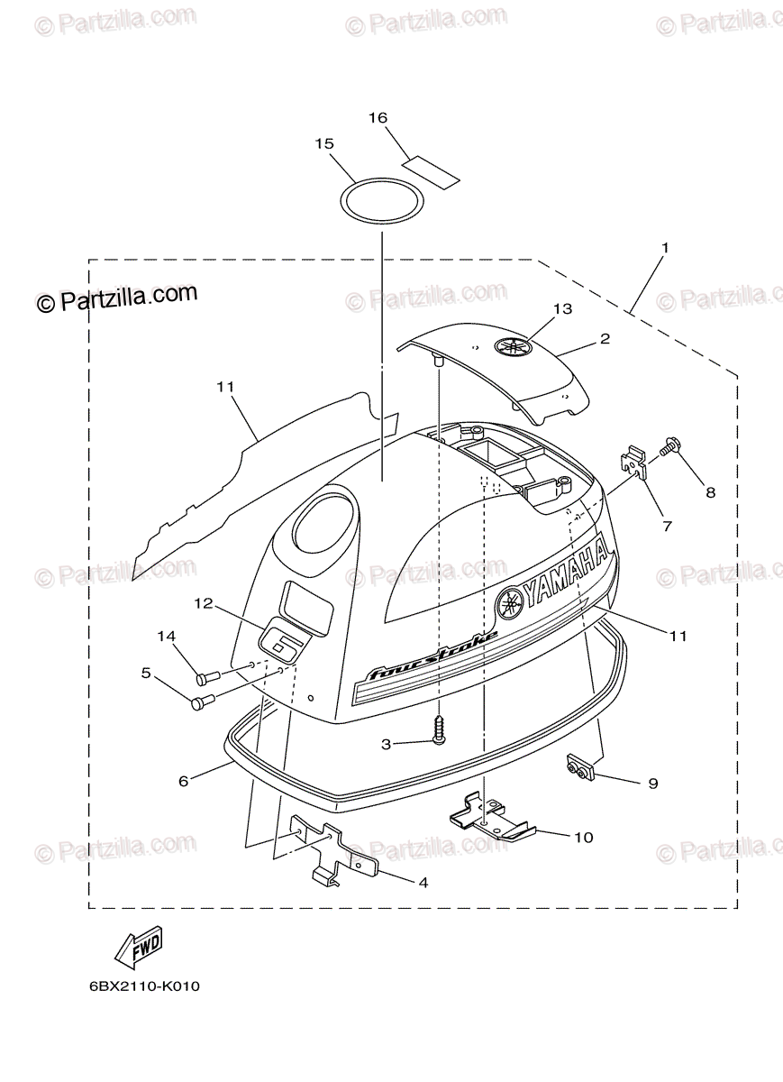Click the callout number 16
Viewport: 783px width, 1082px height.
pyautogui.click(x=378, y=118)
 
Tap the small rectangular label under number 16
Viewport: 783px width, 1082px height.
pyautogui.click(x=430, y=169)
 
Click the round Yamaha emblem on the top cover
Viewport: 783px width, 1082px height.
pyautogui.click(x=513, y=347)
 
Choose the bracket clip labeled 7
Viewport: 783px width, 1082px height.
pyautogui.click(x=635, y=463)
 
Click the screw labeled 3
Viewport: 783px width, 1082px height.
pyautogui.click(x=439, y=726)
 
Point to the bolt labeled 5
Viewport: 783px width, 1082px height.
pyautogui.click(x=201, y=700)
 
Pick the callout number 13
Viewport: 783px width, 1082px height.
pyautogui.click(x=562, y=309)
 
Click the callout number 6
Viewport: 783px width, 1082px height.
pyautogui.click(x=184, y=781)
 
